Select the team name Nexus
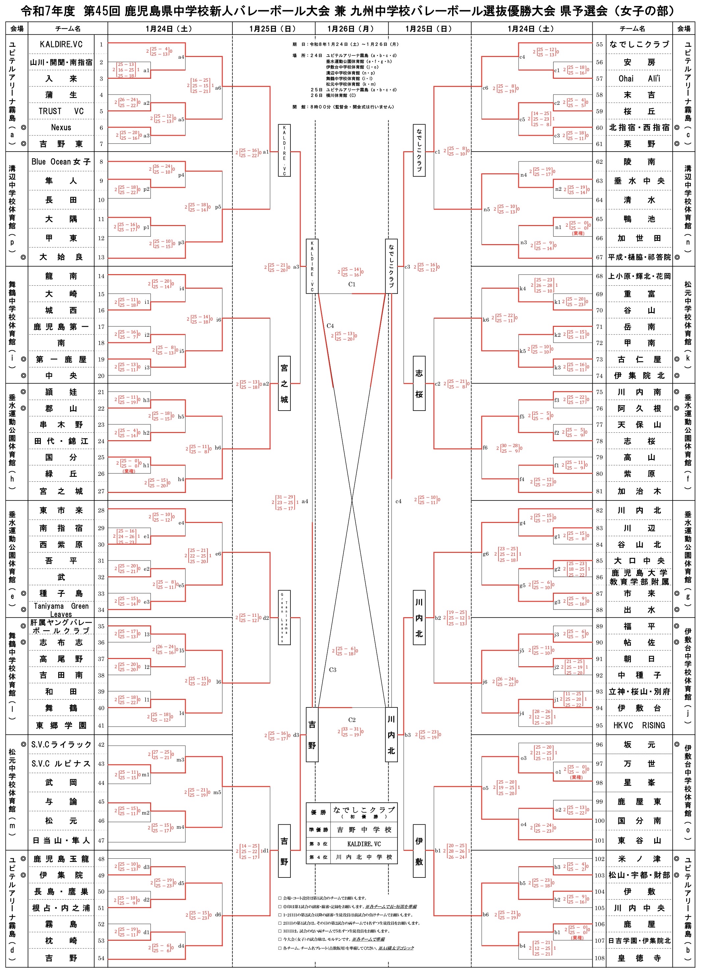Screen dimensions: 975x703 pos(61,128)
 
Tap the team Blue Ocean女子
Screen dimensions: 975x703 pos(61,162)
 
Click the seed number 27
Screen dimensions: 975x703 pos(101,491)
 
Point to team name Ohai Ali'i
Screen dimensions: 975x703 pos(639,79)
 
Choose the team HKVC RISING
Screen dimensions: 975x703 pos(639,726)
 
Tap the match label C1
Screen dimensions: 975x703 pos(352,284)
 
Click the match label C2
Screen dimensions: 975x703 pos(352,720)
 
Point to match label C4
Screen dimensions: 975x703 pos(330,326)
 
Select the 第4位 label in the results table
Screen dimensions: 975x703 pos(318,857)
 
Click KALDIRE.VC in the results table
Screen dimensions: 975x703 pos(364,844)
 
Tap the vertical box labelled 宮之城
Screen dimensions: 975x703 pos(284,384)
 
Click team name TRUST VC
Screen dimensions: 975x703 pos(61,111)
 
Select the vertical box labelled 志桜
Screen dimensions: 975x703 pos(419,384)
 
